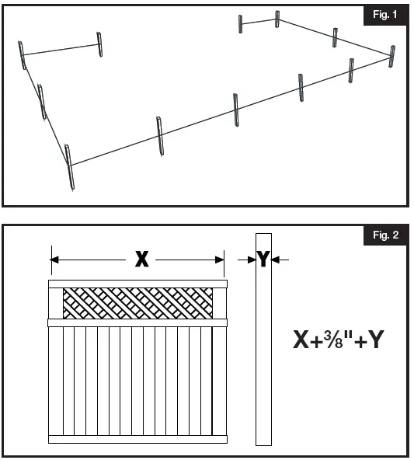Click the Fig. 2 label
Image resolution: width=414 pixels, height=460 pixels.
pos(384,235)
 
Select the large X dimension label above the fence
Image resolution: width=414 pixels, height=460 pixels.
pos(141,260)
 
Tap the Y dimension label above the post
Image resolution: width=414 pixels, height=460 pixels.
pos(263,260)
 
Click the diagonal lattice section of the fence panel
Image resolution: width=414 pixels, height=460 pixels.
pos(137,302)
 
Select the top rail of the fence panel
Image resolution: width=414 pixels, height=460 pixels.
pos(137,284)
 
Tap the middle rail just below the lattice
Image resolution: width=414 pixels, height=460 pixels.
pos(137,322)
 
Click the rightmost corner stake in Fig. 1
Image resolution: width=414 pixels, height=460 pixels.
pos(392,56)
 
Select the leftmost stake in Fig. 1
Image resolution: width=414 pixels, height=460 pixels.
pos(23,55)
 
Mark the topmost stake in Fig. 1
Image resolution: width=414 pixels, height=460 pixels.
pos(277,19)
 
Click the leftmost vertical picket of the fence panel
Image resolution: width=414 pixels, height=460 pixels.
pos(56,381)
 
